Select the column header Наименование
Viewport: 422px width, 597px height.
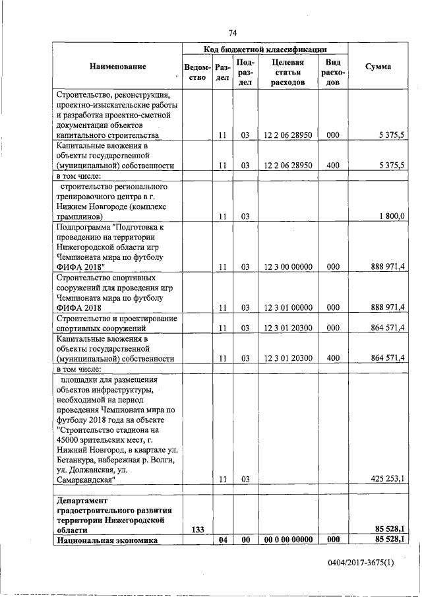point(115,67)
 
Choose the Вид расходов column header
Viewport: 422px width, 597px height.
point(333,72)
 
